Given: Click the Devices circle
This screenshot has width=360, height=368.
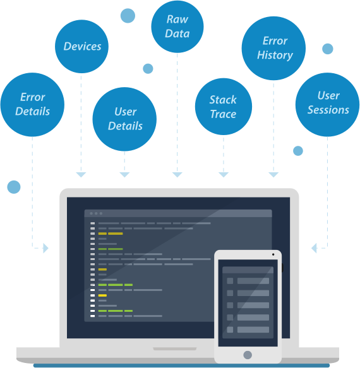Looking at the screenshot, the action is pos(81,46).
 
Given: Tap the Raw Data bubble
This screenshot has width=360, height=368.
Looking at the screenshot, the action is pos(177,27).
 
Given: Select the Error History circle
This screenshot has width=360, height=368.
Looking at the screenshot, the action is pos(273,48).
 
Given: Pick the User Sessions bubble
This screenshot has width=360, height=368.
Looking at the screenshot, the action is pos(327,104).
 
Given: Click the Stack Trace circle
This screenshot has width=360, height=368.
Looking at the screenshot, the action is pos(224,107).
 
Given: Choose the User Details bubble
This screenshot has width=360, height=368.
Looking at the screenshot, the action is pos(124,119).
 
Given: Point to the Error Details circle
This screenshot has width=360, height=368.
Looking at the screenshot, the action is pos(32,104).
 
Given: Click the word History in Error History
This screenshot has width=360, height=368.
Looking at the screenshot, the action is pos(275,56).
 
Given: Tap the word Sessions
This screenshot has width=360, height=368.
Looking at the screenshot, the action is pos(328,110).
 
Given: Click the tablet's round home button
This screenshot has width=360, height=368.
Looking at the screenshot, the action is pos(248,355).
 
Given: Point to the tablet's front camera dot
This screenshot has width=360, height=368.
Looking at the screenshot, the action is pos(273,254).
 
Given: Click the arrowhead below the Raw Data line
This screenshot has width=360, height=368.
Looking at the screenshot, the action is pos(177,175).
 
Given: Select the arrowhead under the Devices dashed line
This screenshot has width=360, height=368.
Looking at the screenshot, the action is pos(81,175).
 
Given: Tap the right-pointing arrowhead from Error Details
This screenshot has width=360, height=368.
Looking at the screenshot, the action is pos(46,248).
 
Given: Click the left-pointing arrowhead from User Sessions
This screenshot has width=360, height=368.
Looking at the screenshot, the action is pos(314,248).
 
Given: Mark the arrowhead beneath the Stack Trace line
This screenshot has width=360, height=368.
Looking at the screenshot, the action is pos(224,175).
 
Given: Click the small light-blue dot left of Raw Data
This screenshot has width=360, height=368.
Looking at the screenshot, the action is pos(128,16).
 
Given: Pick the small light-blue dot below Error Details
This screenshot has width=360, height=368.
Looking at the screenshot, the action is pos(14,187).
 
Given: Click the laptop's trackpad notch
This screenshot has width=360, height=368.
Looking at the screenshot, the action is pos(175,349).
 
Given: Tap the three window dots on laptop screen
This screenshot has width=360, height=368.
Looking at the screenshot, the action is pos(96,213).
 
